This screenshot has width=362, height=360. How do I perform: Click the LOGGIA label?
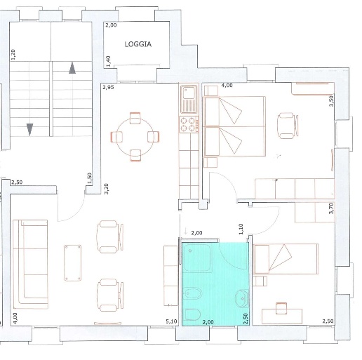tap(138, 44)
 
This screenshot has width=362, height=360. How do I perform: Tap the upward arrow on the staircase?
tap(72, 68)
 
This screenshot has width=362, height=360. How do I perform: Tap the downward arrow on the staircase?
tap(29, 130)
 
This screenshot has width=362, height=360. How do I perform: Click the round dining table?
tap(135, 137)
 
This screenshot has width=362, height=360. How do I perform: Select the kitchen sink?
tap(189, 99)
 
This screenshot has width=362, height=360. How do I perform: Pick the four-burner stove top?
tap(189, 124)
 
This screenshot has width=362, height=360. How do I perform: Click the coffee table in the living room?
tap(73, 263)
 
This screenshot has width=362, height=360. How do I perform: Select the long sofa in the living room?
tap(31, 264)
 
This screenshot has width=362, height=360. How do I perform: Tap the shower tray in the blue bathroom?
tap(197, 258)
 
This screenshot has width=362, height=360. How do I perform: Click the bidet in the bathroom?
tap(192, 293)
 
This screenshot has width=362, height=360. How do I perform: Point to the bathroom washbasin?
tap(242, 298)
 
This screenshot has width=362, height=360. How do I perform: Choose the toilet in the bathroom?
tap(192, 314)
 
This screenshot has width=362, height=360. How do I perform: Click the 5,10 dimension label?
tap(171, 321)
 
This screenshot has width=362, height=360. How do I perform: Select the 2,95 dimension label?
tap(108, 87)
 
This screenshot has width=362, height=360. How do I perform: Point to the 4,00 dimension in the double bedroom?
tap(227, 85)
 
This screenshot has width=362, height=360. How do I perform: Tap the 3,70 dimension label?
tap(331, 208)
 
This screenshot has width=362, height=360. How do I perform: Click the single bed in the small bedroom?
tap(286, 259)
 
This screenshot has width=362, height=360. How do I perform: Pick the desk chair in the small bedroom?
tap(281, 309)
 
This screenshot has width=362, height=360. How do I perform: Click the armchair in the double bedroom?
tap(288, 126)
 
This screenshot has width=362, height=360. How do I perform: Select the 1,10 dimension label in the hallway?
tap(241, 229)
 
